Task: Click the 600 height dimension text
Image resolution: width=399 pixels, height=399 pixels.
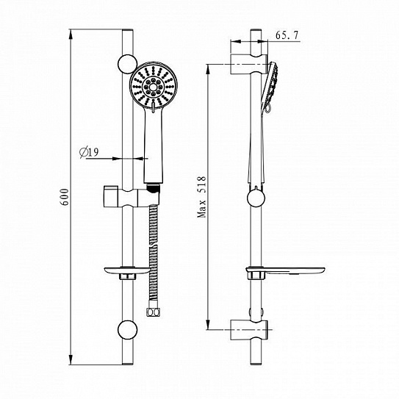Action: pyautogui.click(x=65, y=199)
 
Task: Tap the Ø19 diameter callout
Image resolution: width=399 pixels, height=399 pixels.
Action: pyautogui.click(x=90, y=152)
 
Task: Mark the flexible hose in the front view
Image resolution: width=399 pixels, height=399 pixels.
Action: pyautogui.click(x=154, y=250)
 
